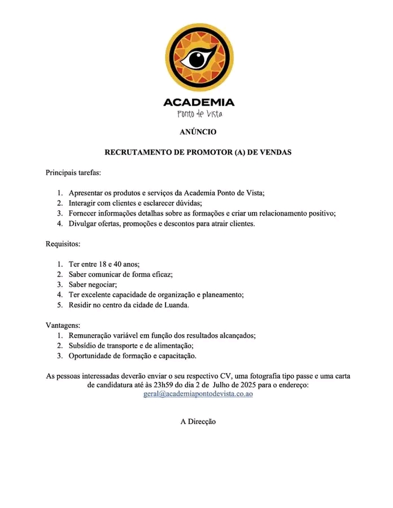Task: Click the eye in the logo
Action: pyautogui.click(x=198, y=58)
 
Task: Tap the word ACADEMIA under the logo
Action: pyautogui.click(x=198, y=103)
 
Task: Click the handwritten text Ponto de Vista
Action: pyautogui.click(x=199, y=114)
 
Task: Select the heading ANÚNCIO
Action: pyautogui.click(x=198, y=132)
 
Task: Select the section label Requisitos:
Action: pyautogui.click(x=63, y=244)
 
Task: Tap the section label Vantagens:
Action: pyautogui.click(x=63, y=326)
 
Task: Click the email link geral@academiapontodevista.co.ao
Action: pyautogui.click(x=198, y=395)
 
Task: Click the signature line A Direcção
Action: pyautogui.click(x=198, y=421)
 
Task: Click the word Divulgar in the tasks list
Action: pyautogui.click(x=83, y=224)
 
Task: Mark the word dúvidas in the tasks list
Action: pyautogui.click(x=187, y=203)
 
